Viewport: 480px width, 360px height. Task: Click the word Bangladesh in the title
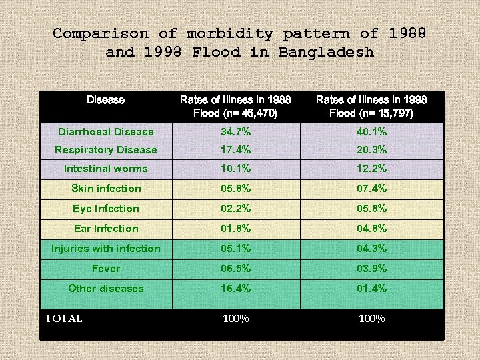(326, 52)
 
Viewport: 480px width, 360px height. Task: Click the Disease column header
(105, 100)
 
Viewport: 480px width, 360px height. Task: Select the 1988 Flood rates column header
(235, 106)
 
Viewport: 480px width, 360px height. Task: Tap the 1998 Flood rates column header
(371, 106)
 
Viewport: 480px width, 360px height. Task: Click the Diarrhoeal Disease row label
(105, 132)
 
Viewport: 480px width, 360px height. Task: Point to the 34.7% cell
(235, 132)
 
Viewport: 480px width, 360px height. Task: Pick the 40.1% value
(371, 132)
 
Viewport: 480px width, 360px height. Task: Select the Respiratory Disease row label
(105, 150)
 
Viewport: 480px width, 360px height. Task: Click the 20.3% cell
(371, 150)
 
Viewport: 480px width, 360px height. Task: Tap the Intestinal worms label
(105, 169)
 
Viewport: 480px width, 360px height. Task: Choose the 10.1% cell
(235, 169)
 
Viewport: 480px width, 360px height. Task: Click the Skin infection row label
(106, 189)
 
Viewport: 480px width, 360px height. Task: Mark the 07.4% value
(371, 189)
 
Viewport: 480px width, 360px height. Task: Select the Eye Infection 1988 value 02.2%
(235, 209)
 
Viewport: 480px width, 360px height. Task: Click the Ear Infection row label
(106, 229)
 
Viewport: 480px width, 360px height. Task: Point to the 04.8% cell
(371, 229)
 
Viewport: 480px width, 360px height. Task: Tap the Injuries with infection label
(106, 249)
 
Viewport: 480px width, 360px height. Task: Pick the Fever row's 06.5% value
(235, 269)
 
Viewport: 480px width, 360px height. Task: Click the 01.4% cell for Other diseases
(371, 289)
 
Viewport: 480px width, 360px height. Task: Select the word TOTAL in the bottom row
(63, 319)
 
